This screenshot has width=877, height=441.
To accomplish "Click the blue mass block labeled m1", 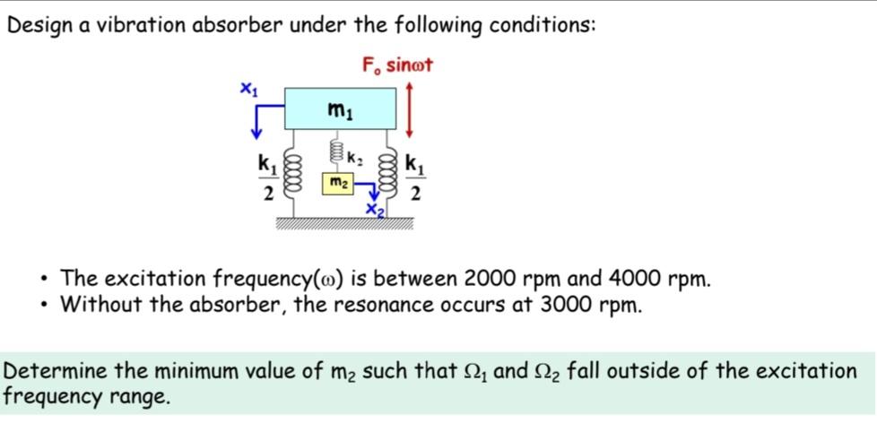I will point(340,109).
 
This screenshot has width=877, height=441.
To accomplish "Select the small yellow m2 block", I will point(337,184).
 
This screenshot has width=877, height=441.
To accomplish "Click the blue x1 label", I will point(248,88).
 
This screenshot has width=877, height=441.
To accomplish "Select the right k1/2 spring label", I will point(414,177).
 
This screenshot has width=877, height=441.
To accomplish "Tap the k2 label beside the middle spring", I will point(353,160).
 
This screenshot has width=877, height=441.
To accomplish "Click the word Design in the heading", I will point(36,25).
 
